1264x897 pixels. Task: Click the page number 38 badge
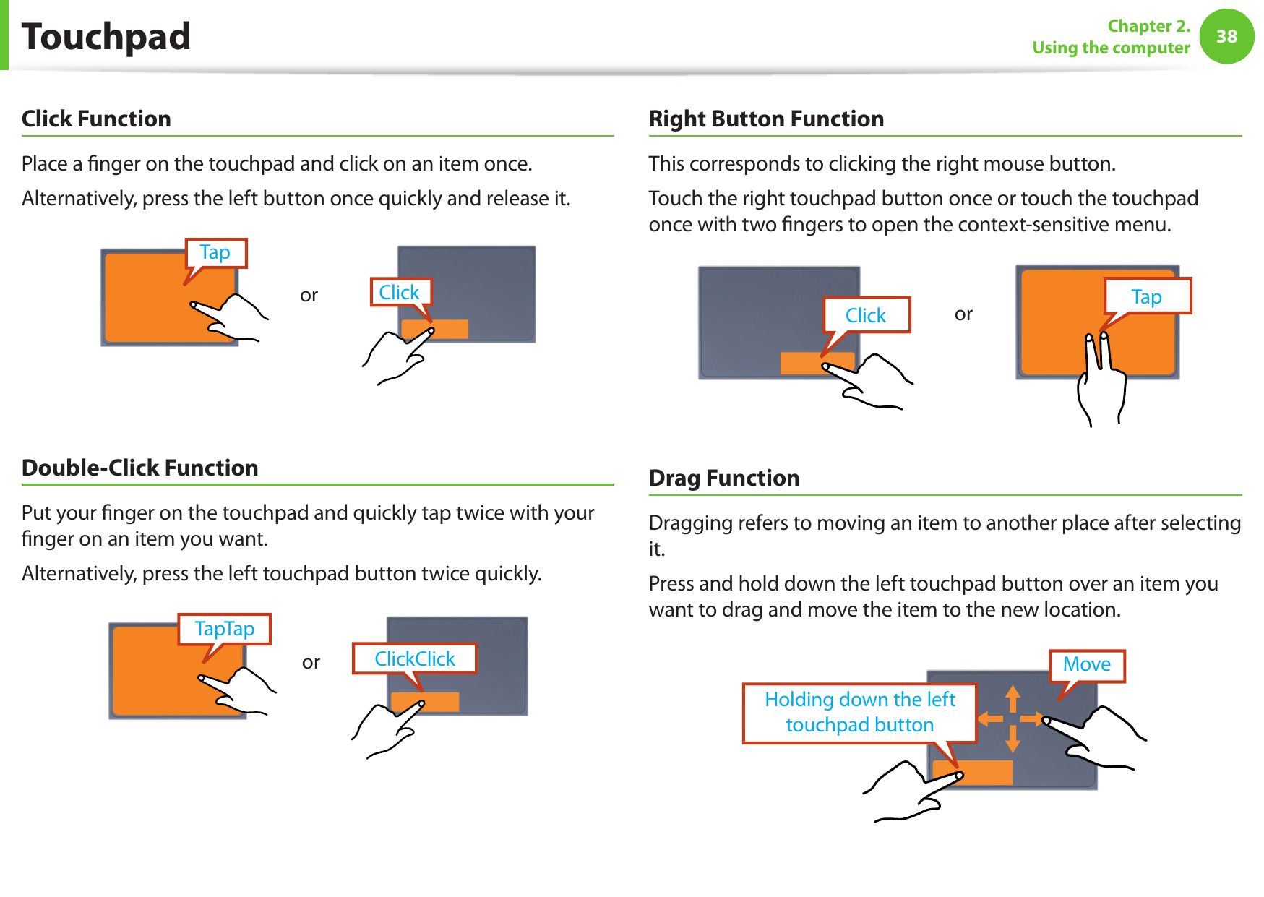tap(1226, 36)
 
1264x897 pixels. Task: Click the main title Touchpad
tap(106, 37)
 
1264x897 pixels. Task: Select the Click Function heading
tap(96, 119)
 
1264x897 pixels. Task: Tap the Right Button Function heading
tap(766, 119)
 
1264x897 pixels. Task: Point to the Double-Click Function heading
tap(139, 468)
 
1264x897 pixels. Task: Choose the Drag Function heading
tap(723, 478)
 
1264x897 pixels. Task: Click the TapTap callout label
tap(224, 629)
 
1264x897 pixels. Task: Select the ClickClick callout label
tap(414, 658)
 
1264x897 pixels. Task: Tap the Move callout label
tap(1086, 664)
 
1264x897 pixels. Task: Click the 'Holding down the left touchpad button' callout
tap(859, 712)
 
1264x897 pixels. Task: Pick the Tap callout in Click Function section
tap(215, 253)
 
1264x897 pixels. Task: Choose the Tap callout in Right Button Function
tap(1146, 296)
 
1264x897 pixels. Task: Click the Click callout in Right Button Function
tap(866, 315)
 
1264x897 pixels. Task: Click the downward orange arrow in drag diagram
tap(1013, 739)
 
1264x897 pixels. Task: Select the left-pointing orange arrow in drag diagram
tap(989, 718)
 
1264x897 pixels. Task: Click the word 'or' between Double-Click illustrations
tap(311, 662)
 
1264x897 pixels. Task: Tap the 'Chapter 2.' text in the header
tap(1148, 26)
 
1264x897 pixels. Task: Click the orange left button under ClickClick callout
tap(425, 702)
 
